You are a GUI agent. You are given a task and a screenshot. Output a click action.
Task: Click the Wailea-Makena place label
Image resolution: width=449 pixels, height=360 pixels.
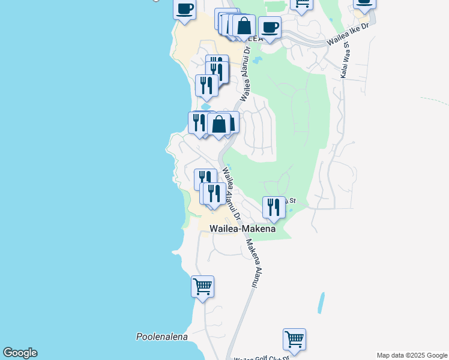[243, 229]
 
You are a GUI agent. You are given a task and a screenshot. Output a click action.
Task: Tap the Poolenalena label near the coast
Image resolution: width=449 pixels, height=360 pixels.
[162, 337]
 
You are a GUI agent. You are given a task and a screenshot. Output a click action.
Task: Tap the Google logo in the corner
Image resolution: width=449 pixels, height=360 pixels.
[20, 353]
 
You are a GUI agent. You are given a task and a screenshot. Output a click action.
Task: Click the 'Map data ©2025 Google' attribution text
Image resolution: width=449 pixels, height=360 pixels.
[412, 355]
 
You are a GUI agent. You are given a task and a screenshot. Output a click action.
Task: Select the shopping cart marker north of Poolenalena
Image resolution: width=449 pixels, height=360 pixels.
[203, 286]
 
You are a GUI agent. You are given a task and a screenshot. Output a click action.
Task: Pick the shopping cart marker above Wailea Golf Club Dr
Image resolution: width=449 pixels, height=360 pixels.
[294, 339]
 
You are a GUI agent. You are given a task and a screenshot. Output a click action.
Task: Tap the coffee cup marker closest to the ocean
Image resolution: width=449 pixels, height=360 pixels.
[185, 10]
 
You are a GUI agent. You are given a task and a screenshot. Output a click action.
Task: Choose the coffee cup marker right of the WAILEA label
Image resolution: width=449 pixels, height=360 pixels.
[270, 27]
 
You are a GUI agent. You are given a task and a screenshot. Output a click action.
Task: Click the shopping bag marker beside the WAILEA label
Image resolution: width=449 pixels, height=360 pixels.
[244, 26]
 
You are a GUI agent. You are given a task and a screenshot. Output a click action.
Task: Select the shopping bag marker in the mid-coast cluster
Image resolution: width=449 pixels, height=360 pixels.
[219, 124]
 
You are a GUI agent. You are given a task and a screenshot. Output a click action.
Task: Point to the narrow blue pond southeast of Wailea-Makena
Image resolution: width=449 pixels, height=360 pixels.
[322, 302]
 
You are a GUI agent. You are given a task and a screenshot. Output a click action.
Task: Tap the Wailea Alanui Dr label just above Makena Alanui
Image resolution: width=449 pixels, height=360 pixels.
[231, 192]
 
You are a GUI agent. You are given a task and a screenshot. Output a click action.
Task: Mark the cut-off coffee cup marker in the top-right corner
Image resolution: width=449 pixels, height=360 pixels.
[364, 3]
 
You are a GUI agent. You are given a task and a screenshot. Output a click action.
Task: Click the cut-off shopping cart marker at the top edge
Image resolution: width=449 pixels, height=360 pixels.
[302, 4]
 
